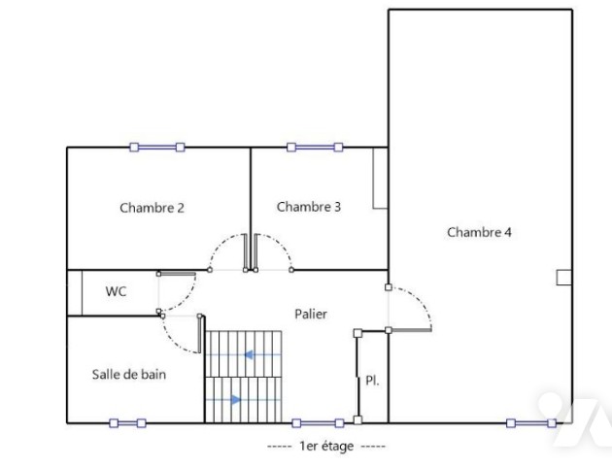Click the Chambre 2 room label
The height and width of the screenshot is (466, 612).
pyautogui.click(x=152, y=208)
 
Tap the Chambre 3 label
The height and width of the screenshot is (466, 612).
pyautogui.click(x=309, y=206)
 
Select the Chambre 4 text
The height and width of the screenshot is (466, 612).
pyautogui.click(x=479, y=232)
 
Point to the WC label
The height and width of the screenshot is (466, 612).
pyautogui.click(x=116, y=291)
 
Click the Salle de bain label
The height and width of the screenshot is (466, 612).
pyautogui.click(x=129, y=375)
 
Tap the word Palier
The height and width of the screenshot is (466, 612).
pyautogui.click(x=311, y=314)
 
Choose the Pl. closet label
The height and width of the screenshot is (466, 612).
pyautogui.click(x=372, y=381)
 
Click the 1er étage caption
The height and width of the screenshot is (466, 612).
pyautogui.click(x=326, y=446)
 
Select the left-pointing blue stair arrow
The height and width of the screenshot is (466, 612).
pyautogui.click(x=249, y=355)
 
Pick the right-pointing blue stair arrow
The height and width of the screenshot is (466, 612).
pyautogui.click(x=236, y=400)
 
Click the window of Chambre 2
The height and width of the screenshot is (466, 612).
pyautogui.click(x=157, y=147)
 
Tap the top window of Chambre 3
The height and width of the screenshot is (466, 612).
pyautogui.click(x=315, y=147)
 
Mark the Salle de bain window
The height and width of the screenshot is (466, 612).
pyautogui.click(x=127, y=423)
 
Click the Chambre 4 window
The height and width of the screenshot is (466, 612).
pyautogui.click(x=531, y=423)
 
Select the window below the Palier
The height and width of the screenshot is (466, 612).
pyautogui.click(x=318, y=423)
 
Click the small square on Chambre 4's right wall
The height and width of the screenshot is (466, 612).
pyautogui.click(x=563, y=278)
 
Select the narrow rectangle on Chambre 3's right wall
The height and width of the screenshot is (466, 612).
pyautogui.click(x=380, y=178)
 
